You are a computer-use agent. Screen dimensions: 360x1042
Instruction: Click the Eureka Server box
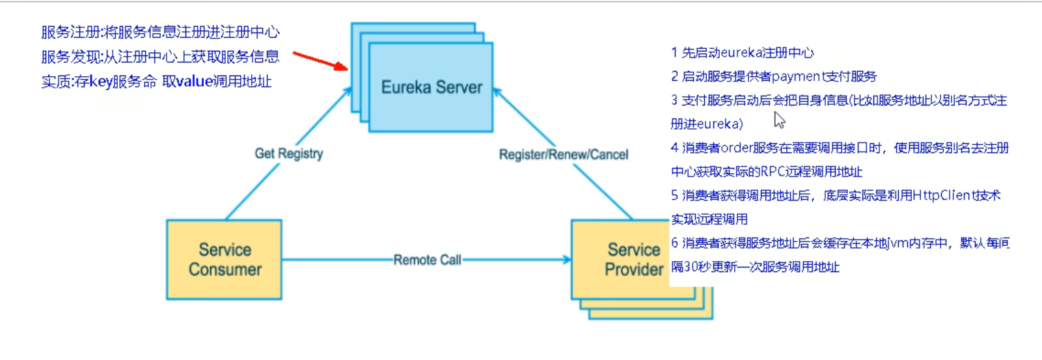point(431,87)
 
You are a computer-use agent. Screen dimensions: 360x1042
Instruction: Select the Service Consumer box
point(225,260)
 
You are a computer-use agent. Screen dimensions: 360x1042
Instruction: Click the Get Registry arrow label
point(288,154)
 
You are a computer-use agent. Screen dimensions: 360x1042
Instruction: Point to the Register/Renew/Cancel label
point(564,154)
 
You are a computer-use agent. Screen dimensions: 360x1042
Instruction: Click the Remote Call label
point(427,260)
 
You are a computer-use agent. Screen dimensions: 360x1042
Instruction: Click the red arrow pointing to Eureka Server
point(320,61)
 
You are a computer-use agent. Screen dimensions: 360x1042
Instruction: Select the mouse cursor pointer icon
point(779,120)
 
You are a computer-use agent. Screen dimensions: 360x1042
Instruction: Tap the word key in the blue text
point(101,81)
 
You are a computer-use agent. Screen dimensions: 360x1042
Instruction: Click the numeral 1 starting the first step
point(674,53)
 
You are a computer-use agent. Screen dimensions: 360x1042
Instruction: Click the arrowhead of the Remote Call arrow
point(567,260)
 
